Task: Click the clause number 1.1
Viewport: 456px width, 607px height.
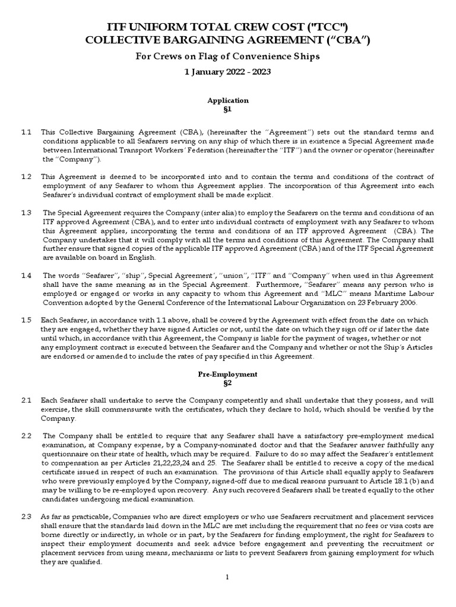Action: coord(26,132)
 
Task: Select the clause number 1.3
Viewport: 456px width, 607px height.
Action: coord(26,213)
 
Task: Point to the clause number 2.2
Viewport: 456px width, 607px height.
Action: coord(26,436)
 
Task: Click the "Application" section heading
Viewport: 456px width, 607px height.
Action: coord(227,101)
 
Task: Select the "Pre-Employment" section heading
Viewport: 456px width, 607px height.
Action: coord(227,375)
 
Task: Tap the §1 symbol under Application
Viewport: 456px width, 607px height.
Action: coord(227,110)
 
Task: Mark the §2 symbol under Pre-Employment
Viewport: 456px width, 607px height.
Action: coord(227,384)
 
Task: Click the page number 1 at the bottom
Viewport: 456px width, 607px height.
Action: coord(227,594)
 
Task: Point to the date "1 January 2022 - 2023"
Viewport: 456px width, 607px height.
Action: coord(227,72)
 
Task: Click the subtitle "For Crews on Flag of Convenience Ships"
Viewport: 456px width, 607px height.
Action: coord(227,57)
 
